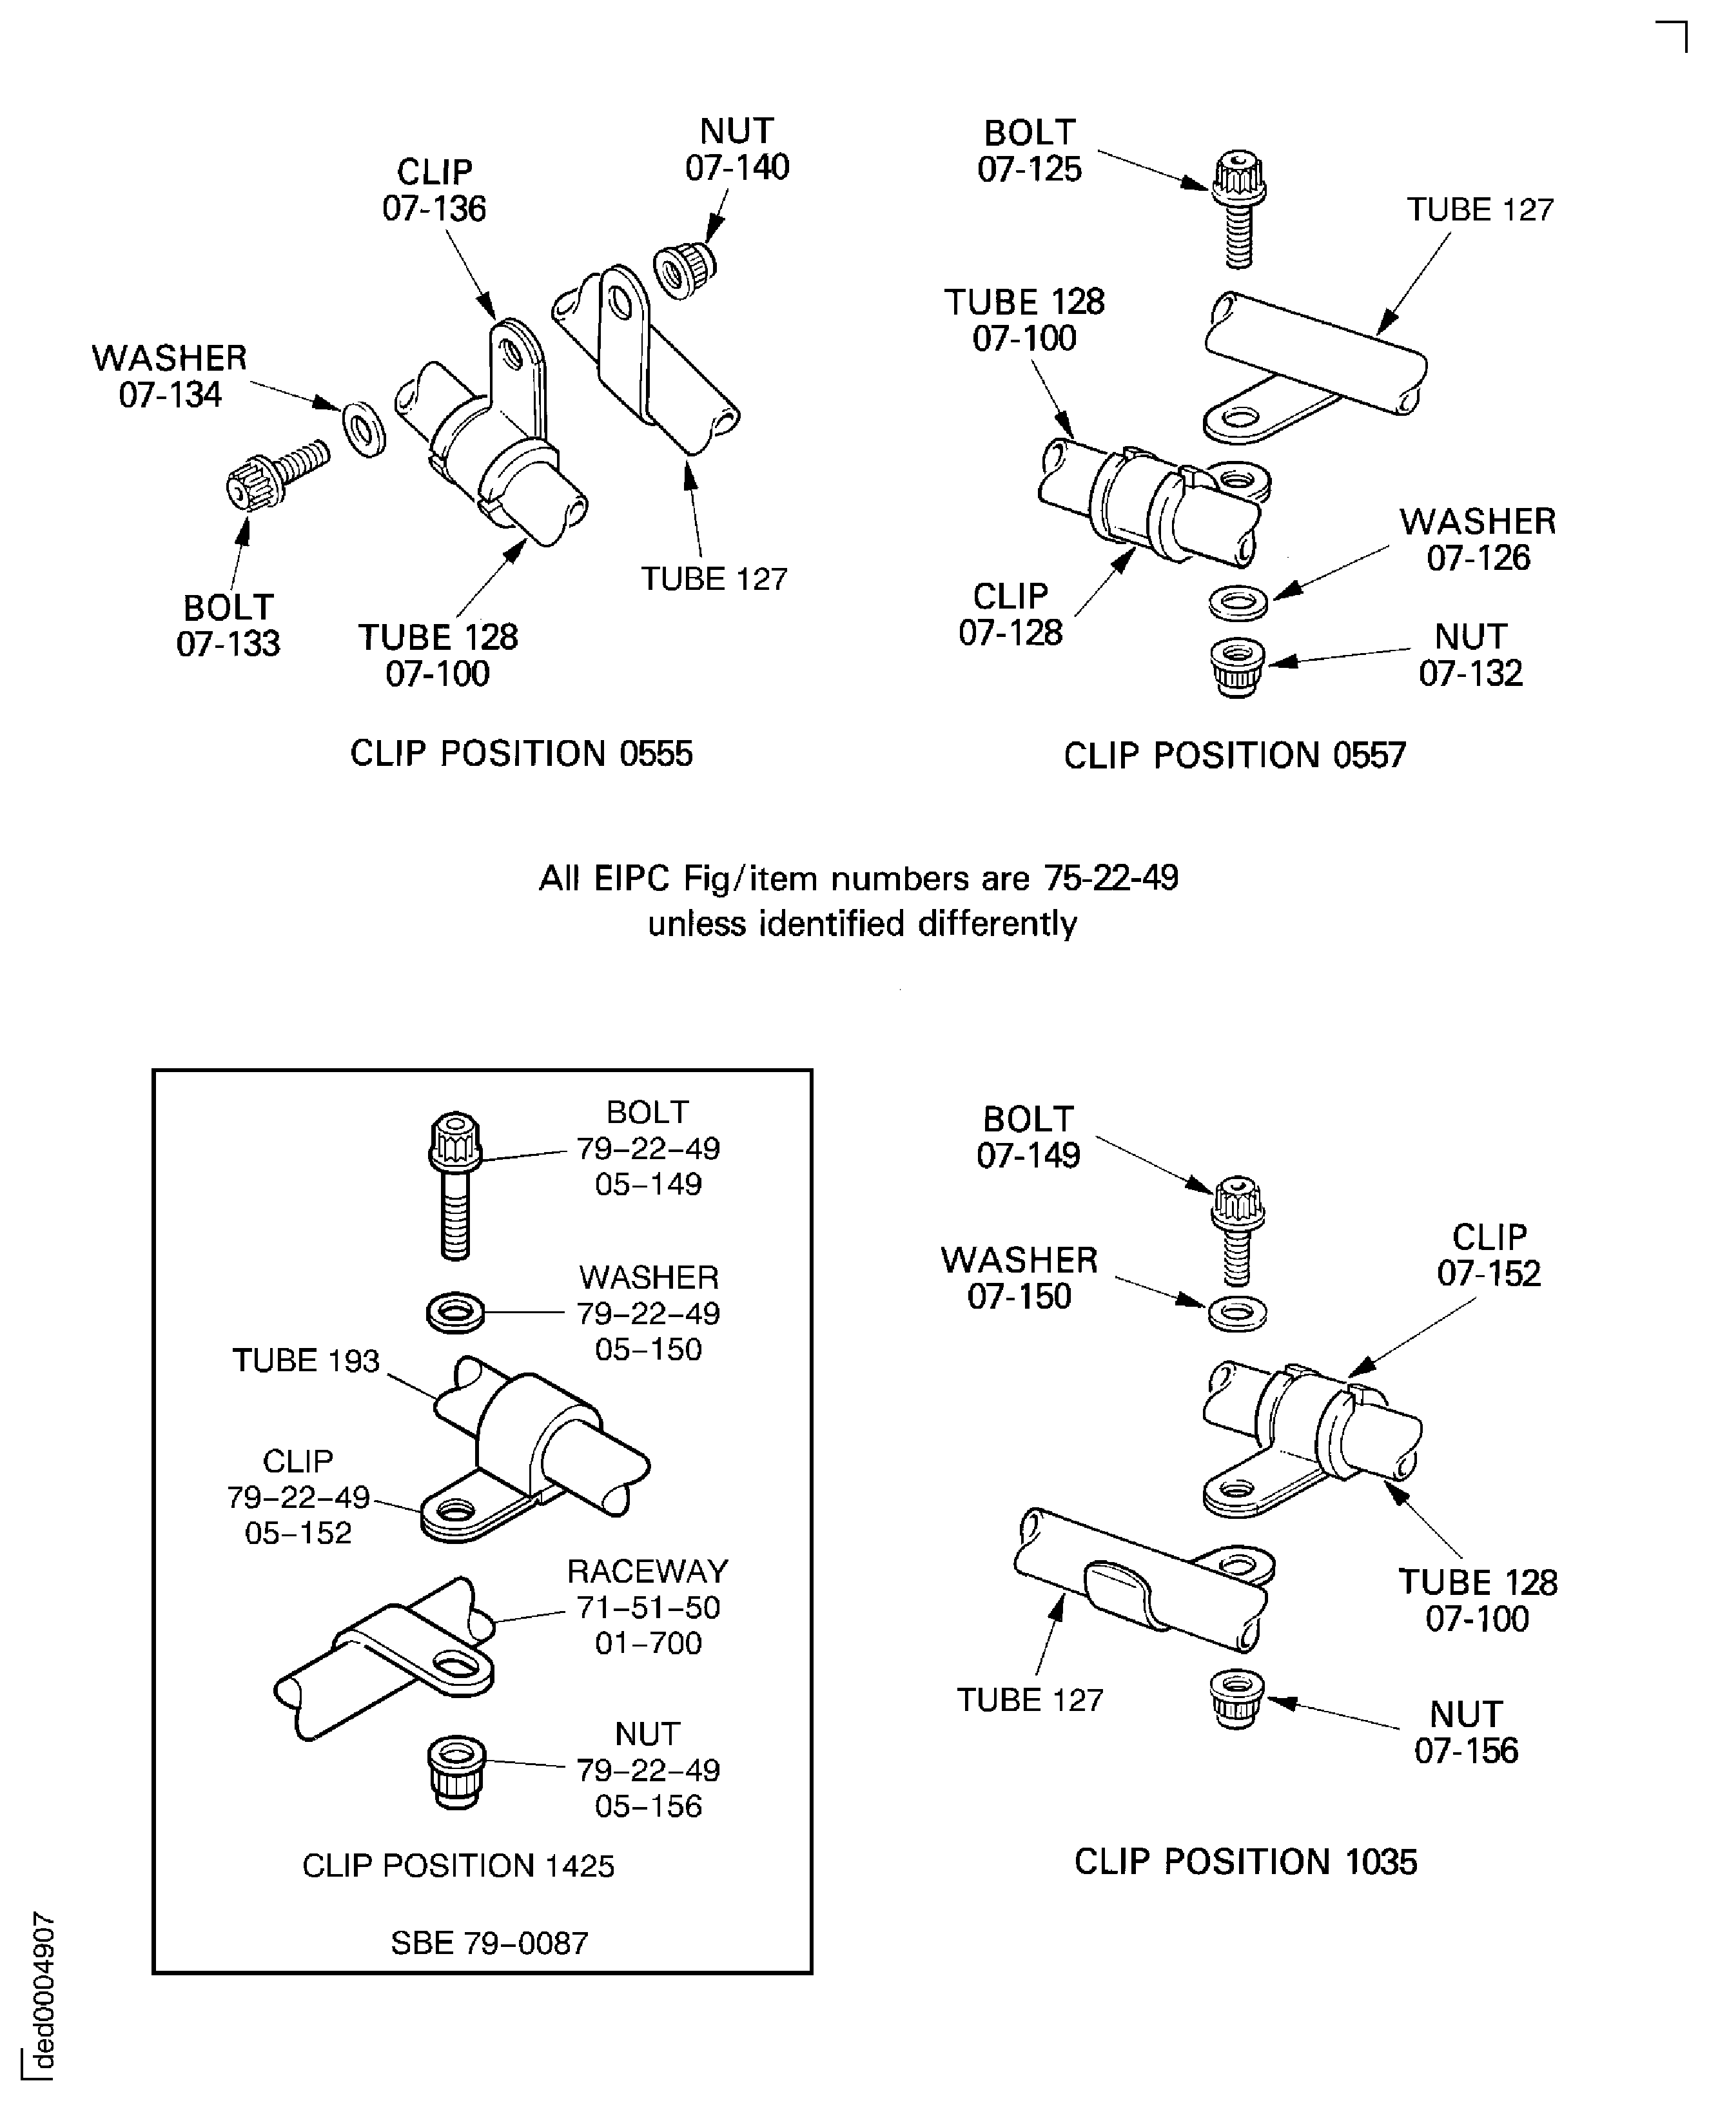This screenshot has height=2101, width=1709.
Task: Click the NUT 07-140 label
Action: click(737, 150)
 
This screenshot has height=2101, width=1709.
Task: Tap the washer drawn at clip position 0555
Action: click(363, 428)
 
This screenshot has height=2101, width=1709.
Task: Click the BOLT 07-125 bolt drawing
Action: click(1238, 209)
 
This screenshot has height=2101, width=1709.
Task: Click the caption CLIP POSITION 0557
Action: click(1235, 755)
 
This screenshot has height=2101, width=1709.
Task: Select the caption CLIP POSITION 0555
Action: click(521, 753)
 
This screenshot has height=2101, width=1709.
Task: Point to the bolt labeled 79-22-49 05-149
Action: click(455, 1184)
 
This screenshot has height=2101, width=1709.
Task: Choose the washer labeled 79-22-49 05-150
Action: click(455, 1313)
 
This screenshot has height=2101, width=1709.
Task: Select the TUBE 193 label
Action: click(305, 1361)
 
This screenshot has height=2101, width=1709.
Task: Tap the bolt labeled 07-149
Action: click(1238, 1232)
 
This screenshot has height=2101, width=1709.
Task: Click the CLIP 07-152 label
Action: click(1489, 1255)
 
